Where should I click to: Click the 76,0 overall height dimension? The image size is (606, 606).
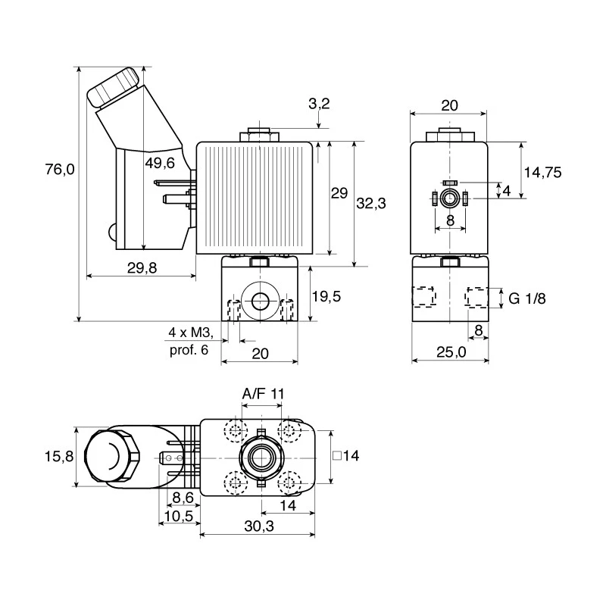(60, 169)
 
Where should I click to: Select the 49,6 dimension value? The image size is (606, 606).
(160, 163)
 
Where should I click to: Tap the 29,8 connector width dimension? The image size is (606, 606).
(142, 267)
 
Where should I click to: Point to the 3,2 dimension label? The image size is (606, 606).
(319, 104)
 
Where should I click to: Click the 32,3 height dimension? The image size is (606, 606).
(371, 203)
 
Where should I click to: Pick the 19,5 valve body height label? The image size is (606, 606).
(326, 296)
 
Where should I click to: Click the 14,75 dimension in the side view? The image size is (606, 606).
(542, 173)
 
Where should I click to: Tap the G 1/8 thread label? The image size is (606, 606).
(527, 298)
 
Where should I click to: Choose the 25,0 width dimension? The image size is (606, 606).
(451, 352)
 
